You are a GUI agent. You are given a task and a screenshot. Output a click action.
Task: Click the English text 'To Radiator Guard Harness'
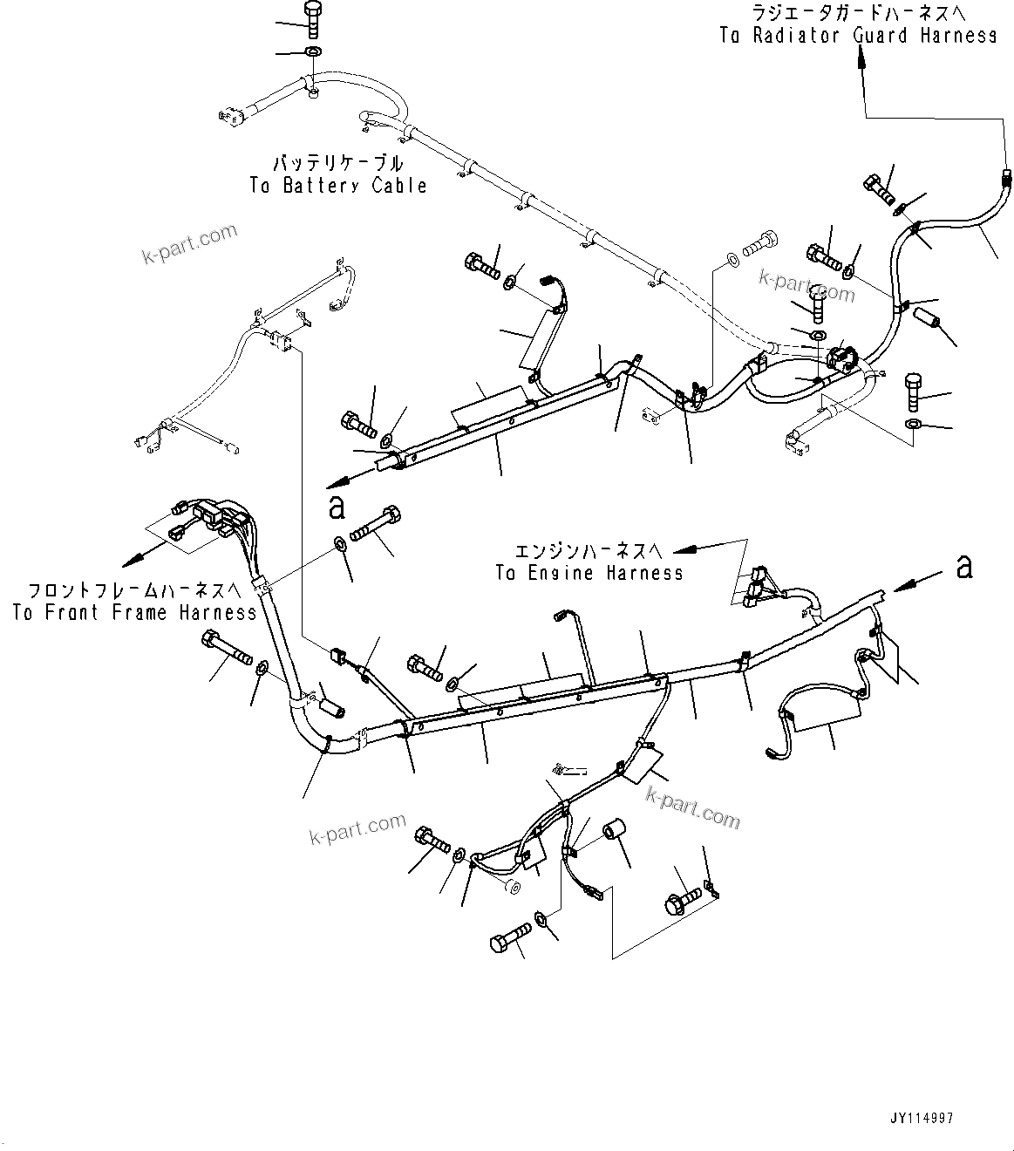point(858,36)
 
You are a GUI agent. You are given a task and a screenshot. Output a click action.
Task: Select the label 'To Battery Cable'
point(338,185)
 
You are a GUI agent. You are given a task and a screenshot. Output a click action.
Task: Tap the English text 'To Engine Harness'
point(589,573)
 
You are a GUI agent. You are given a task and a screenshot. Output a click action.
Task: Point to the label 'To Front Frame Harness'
point(135,612)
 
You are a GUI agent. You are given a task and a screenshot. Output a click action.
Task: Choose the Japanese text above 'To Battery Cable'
point(338,163)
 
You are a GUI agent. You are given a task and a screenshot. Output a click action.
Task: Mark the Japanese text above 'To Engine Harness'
point(589,550)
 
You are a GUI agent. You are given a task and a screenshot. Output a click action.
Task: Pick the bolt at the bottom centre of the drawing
point(510,938)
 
